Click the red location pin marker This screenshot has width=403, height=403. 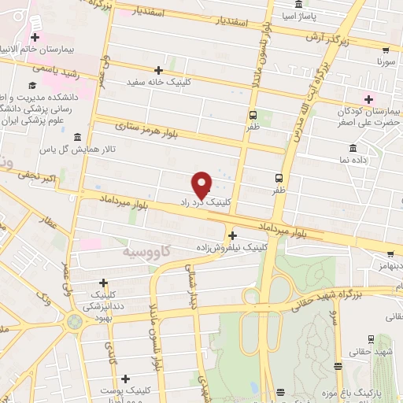click(203, 185)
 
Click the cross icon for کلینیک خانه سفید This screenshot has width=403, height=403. click(160, 70)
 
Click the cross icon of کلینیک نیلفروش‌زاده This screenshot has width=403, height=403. click(231, 235)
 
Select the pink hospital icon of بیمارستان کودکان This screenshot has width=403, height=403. click(368, 98)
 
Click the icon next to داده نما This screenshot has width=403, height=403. click(352, 148)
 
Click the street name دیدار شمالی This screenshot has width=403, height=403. click(190, 290)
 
